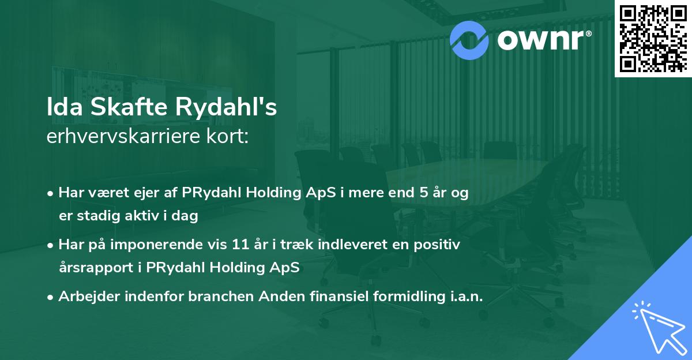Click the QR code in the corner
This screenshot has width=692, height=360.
(x=653, y=38)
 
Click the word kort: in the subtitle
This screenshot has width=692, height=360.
(x=229, y=137)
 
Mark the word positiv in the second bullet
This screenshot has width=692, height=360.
(x=439, y=245)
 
